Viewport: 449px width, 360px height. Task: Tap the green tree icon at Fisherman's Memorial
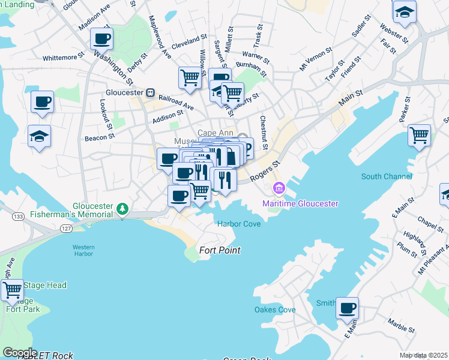(x=122, y=209)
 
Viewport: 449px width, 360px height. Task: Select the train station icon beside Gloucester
(x=151, y=93)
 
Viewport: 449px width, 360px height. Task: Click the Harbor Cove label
(x=238, y=224)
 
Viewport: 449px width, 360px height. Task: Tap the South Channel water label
(x=387, y=176)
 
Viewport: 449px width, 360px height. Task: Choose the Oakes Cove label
(x=275, y=310)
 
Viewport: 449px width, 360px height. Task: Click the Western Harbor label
(x=83, y=250)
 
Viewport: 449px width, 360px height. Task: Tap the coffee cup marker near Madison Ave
(x=101, y=39)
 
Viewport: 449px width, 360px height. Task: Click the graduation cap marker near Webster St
(x=405, y=12)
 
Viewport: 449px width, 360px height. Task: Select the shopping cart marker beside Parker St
(x=419, y=134)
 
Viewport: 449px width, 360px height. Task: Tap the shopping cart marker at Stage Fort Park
(x=12, y=291)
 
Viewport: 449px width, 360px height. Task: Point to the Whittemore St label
(x=64, y=58)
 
